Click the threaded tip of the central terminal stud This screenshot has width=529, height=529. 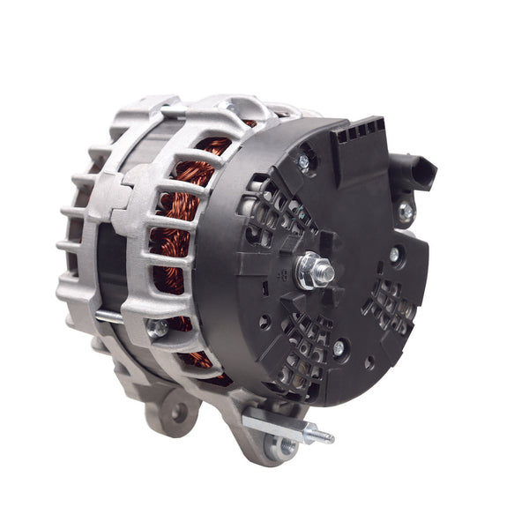tap(327, 274)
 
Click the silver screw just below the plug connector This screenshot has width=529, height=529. tap(405, 211)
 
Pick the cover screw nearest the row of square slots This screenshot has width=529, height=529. tap(304, 161)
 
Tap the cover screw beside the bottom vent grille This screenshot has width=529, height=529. tap(339, 348)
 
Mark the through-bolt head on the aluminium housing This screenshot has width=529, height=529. tap(157, 330)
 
